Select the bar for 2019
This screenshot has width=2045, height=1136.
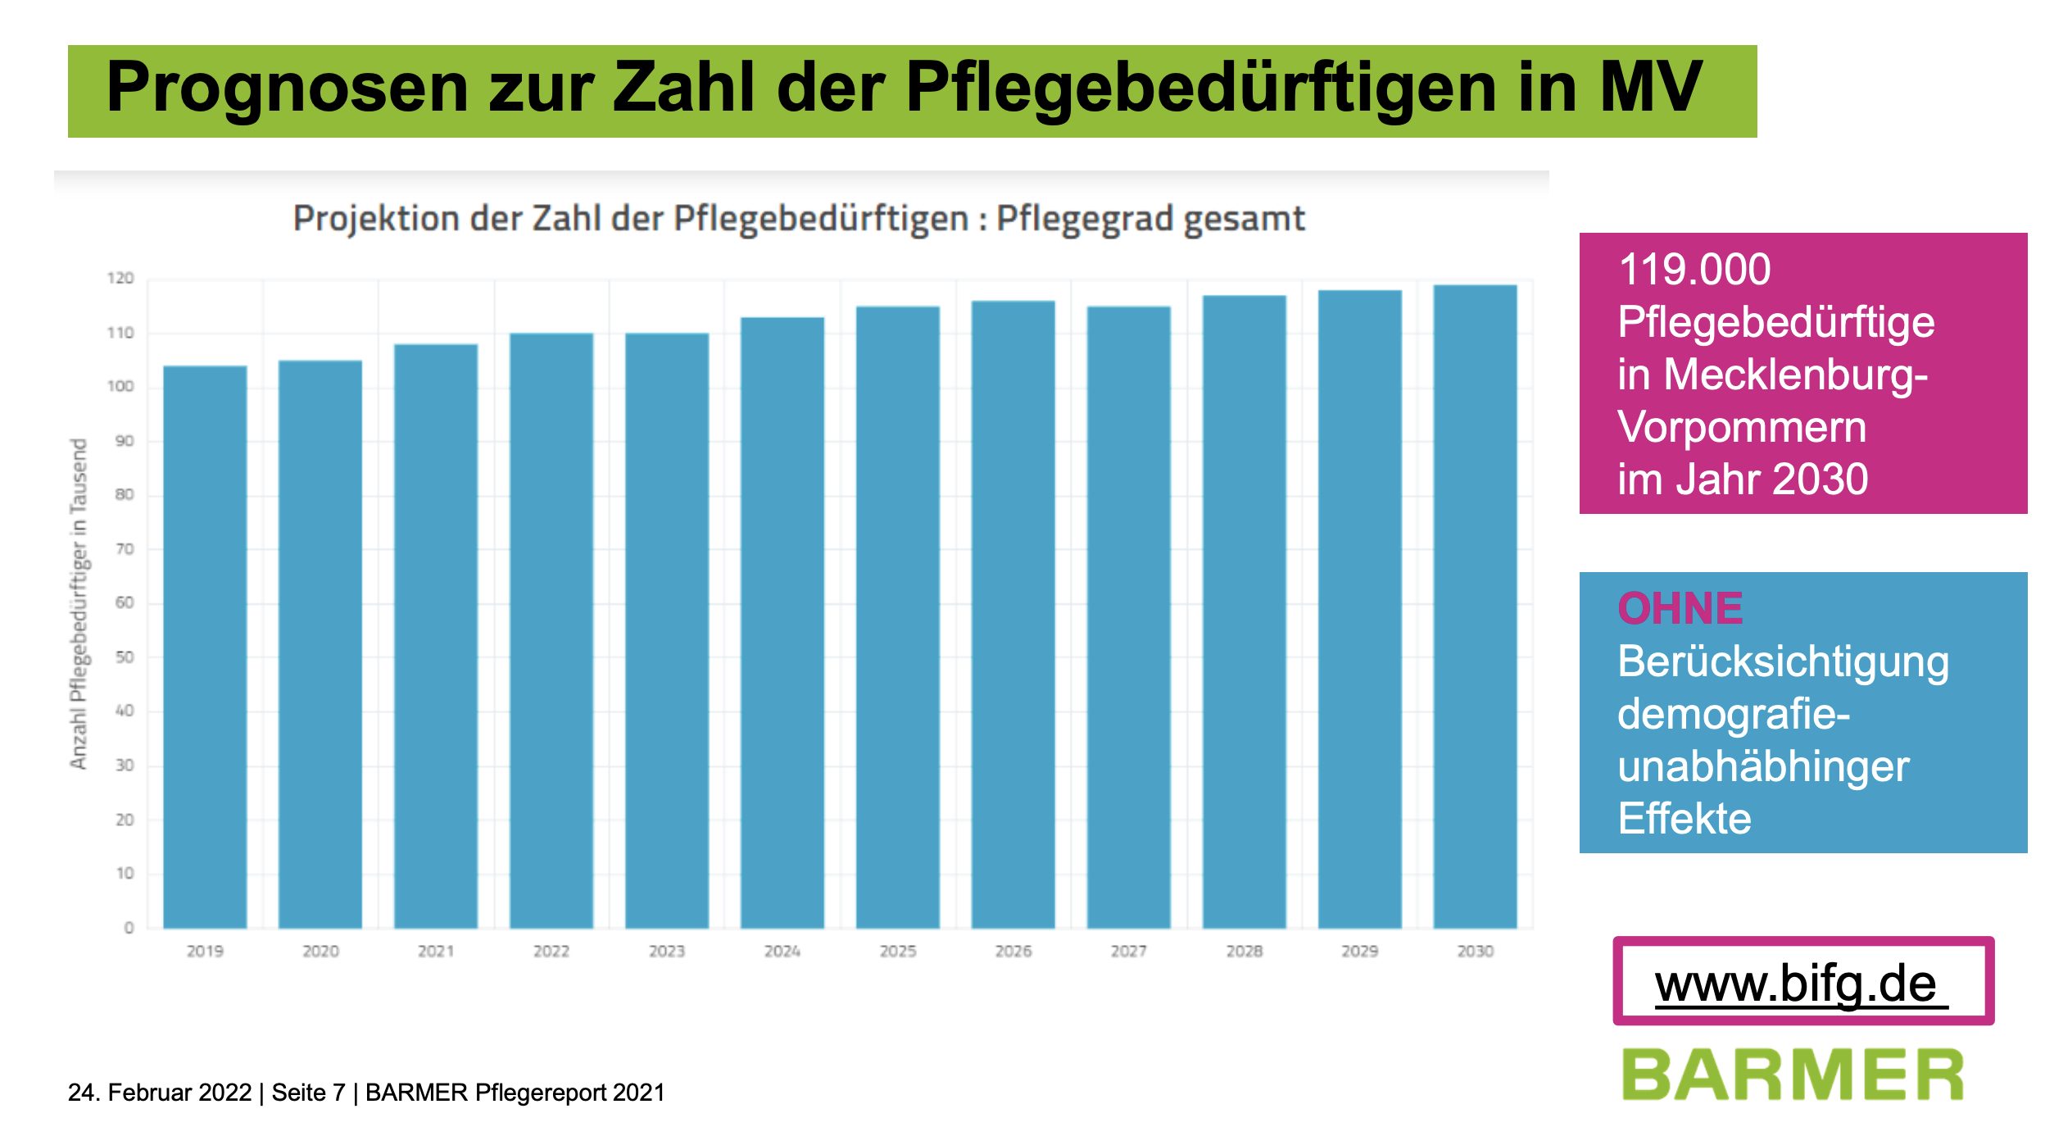[x=205, y=648]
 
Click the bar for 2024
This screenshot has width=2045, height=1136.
[x=782, y=623]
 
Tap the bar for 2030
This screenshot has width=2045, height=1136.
[x=1475, y=607]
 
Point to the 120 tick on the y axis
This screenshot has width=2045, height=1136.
[x=120, y=279]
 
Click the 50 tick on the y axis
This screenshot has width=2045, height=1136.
[x=124, y=657]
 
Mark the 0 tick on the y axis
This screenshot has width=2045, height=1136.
[x=129, y=928]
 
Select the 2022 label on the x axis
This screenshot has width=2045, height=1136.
[x=551, y=952]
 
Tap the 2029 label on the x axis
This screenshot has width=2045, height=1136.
[x=1359, y=952]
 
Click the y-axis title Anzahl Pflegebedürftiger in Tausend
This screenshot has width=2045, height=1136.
[x=79, y=604]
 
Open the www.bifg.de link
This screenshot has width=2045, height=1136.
[x=1796, y=984]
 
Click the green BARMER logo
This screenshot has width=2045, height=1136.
[x=1793, y=1075]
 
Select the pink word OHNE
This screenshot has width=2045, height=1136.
[x=1680, y=609]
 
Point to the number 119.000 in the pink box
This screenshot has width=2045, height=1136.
[x=1694, y=270]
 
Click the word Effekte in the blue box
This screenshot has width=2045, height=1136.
[x=1685, y=819]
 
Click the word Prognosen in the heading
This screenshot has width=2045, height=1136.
[x=287, y=88]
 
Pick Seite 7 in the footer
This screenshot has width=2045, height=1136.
[x=308, y=1093]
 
